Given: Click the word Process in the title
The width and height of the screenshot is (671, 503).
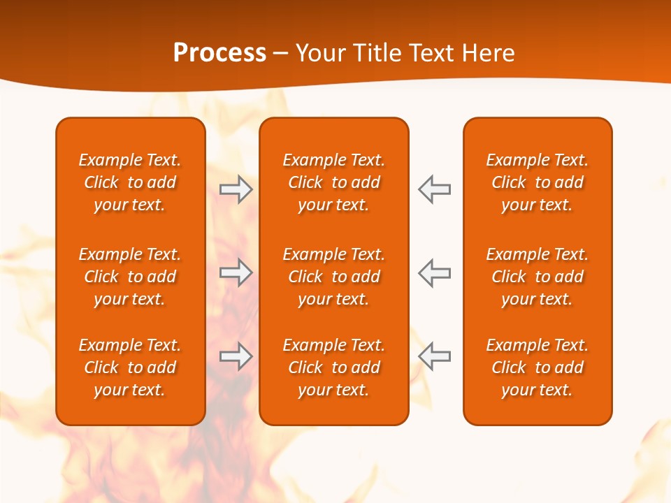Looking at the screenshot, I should coord(219,53).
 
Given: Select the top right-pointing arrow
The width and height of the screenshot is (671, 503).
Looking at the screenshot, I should coord(236,189).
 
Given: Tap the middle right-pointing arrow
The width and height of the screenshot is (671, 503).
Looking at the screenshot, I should coord(236,272).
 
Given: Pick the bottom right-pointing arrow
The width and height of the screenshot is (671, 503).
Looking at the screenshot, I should coord(236,356).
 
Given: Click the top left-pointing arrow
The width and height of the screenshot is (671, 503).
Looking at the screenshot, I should coord(434,189).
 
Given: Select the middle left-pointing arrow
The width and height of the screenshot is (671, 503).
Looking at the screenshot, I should coord(434,272).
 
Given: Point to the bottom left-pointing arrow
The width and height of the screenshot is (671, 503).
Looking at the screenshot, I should coord(434,356).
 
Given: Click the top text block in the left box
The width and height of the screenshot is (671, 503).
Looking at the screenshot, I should coord(130,182).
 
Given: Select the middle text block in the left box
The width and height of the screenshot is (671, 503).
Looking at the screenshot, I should coord(130,277).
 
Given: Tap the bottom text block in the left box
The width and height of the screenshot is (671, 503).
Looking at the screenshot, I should coord(130,367).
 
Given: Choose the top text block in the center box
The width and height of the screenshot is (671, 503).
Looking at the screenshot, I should coord(333,182).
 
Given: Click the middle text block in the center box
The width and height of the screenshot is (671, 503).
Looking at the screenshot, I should coord(333,277).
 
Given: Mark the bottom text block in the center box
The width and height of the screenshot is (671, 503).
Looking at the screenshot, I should coord(333,367).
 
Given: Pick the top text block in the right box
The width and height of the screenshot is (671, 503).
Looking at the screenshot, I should coord(537,182).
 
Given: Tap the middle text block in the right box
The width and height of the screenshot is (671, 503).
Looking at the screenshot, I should coord(537,277).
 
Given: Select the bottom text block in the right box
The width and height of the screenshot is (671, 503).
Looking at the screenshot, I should coord(537,367).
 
